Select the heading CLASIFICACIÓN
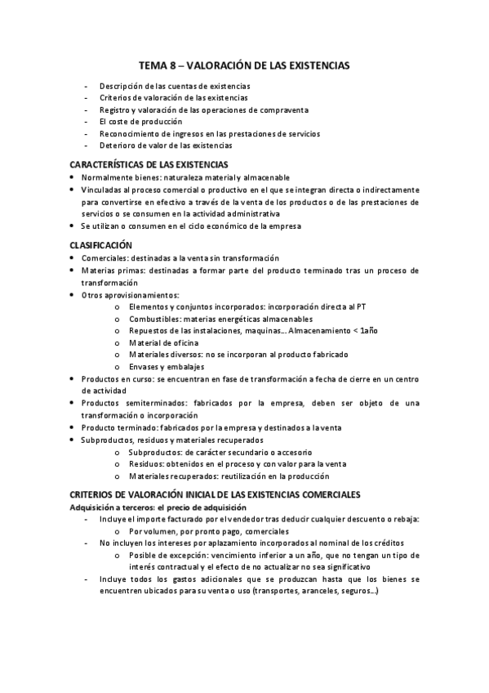(101, 245)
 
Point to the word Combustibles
(155, 319)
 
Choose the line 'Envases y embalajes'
(165, 367)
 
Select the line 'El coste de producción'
(140, 121)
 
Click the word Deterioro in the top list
(118, 145)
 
